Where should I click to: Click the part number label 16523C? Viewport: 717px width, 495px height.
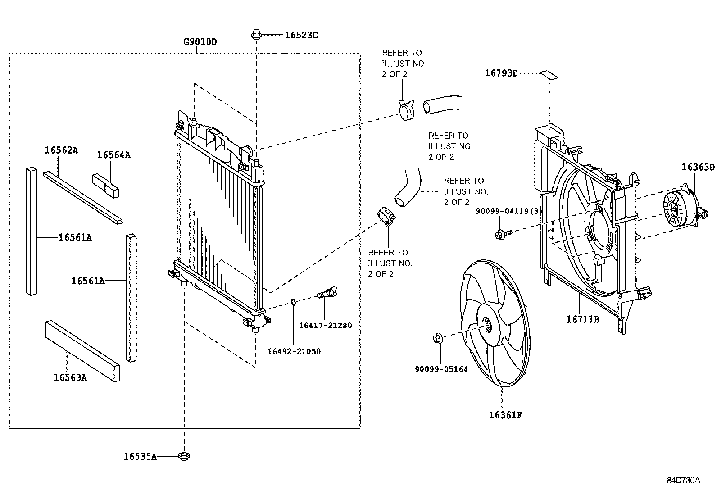click(301, 35)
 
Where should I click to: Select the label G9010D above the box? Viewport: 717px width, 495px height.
click(200, 42)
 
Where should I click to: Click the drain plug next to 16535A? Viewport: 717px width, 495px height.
click(184, 456)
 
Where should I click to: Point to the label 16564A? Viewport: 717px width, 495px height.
click(113, 155)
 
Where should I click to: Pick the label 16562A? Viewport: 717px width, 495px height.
click(61, 150)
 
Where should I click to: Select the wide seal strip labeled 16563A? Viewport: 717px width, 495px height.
click(82, 351)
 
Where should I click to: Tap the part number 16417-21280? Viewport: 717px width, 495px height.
click(325, 325)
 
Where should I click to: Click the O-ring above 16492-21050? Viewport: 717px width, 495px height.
click(293, 302)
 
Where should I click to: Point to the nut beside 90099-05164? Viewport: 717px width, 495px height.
click(437, 338)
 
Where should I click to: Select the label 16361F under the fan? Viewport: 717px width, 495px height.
click(505, 415)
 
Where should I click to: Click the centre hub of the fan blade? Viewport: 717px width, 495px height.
click(487, 323)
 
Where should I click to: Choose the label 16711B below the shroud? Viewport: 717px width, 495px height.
click(583, 319)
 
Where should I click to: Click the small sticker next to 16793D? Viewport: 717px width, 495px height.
click(549, 74)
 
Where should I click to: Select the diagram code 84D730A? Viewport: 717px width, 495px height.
click(683, 480)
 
